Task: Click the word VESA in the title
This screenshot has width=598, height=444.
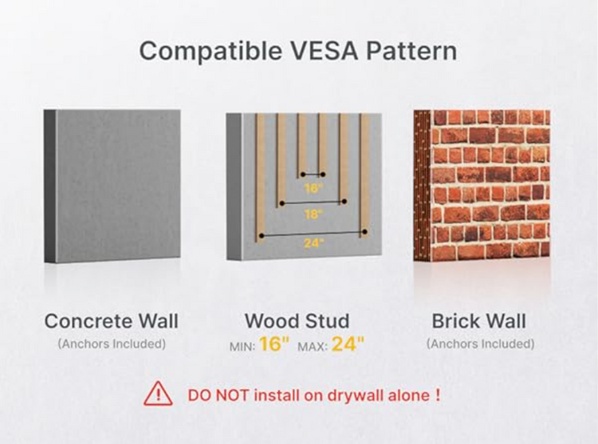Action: [x=324, y=50]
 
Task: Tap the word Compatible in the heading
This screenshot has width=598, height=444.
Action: [x=210, y=51]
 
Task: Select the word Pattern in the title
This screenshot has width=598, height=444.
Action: [x=411, y=50]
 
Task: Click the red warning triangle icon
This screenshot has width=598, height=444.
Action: [x=158, y=394]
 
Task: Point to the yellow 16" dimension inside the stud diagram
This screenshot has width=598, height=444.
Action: [x=313, y=188]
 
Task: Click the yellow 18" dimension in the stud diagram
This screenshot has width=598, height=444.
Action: [x=313, y=214]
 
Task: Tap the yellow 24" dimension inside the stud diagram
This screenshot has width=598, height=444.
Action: [x=314, y=243]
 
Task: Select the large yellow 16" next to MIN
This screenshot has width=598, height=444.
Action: [x=274, y=344]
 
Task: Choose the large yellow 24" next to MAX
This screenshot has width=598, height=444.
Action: [x=348, y=344]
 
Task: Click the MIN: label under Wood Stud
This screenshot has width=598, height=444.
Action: [x=242, y=347]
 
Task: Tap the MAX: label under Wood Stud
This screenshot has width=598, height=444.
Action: [x=313, y=347]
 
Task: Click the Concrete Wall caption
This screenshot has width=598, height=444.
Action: [x=112, y=321]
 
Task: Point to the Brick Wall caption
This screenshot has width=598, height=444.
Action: [x=479, y=321]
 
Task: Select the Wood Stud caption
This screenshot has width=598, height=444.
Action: [x=297, y=321]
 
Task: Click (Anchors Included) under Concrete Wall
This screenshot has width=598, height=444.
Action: [x=112, y=344]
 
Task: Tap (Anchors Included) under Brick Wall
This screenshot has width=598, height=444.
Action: [x=481, y=344]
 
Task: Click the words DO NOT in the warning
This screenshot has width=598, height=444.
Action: [x=218, y=395]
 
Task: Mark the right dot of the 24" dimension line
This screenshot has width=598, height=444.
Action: [x=364, y=232]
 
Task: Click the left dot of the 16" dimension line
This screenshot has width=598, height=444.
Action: [x=303, y=175]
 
